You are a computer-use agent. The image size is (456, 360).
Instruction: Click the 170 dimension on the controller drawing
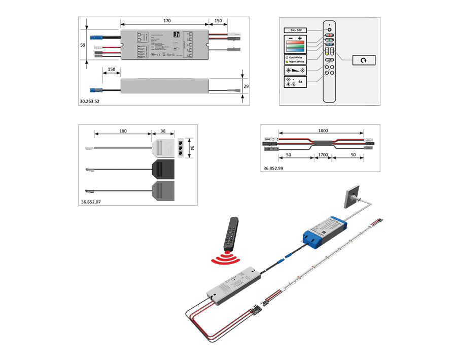pyautogui.click(x=167, y=21)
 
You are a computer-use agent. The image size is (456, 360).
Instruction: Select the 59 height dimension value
pyautogui.click(x=83, y=45)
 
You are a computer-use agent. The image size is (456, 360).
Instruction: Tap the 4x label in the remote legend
pyautogui.click(x=300, y=81)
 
